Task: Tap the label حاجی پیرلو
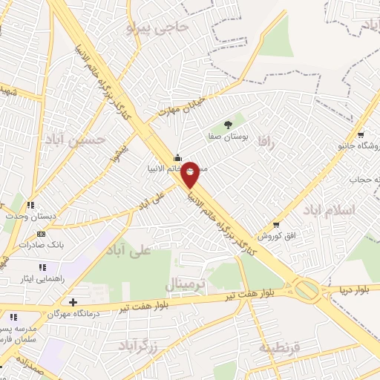(158, 28)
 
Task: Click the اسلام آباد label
(330, 211)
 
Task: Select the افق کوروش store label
(277, 235)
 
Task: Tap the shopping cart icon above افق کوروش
(277, 224)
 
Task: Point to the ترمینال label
(186, 285)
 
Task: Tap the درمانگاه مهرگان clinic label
(73, 314)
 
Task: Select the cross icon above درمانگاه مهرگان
(73, 302)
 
